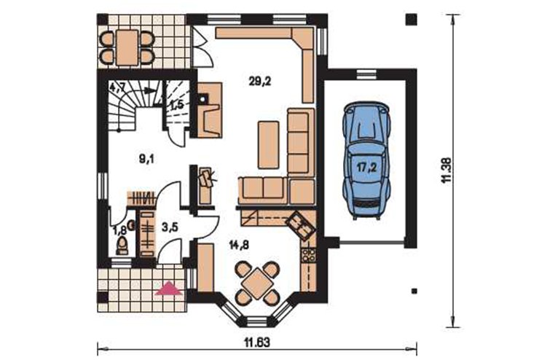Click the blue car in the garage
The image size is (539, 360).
[x=367, y=160]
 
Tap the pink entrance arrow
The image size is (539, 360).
[x=168, y=289]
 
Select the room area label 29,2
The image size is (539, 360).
[x=260, y=82]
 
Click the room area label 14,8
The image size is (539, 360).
[x=239, y=245]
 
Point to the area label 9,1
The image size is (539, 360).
[x=146, y=159]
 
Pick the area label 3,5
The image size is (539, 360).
[x=170, y=227]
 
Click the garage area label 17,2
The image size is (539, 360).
[x=366, y=168]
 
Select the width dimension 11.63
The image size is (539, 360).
[x=257, y=343]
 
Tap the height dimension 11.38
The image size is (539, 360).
[x=446, y=171]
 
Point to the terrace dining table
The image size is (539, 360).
[x=127, y=47]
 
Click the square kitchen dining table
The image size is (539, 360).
[x=257, y=283]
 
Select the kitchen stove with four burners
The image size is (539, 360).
[x=308, y=255]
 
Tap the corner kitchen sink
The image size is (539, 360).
[x=300, y=226]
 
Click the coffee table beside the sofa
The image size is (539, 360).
[x=269, y=145]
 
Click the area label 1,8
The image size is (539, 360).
[x=119, y=230]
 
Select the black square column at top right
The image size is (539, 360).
[x=412, y=19]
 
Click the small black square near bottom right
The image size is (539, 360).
[x=414, y=291]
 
